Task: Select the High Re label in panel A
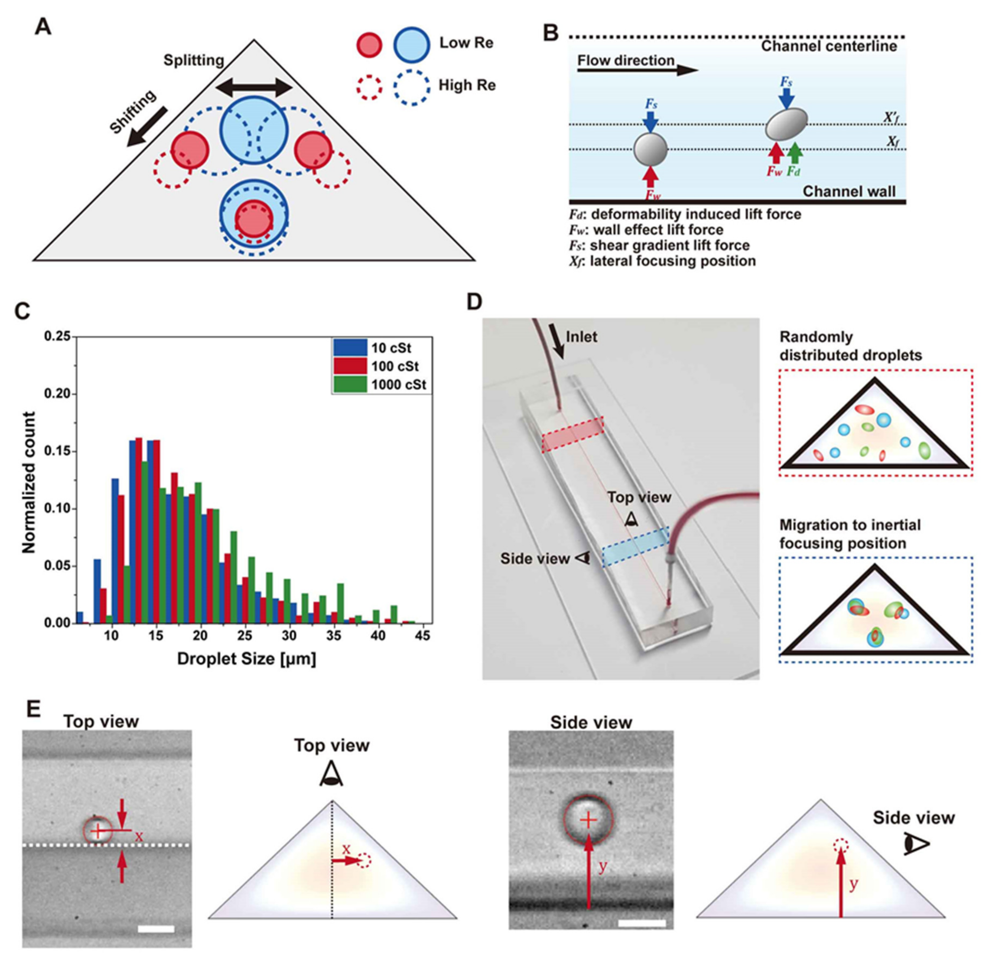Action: [466, 85]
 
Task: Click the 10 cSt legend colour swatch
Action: [349, 348]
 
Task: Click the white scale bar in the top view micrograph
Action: [156, 929]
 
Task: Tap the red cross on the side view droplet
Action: [588, 820]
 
